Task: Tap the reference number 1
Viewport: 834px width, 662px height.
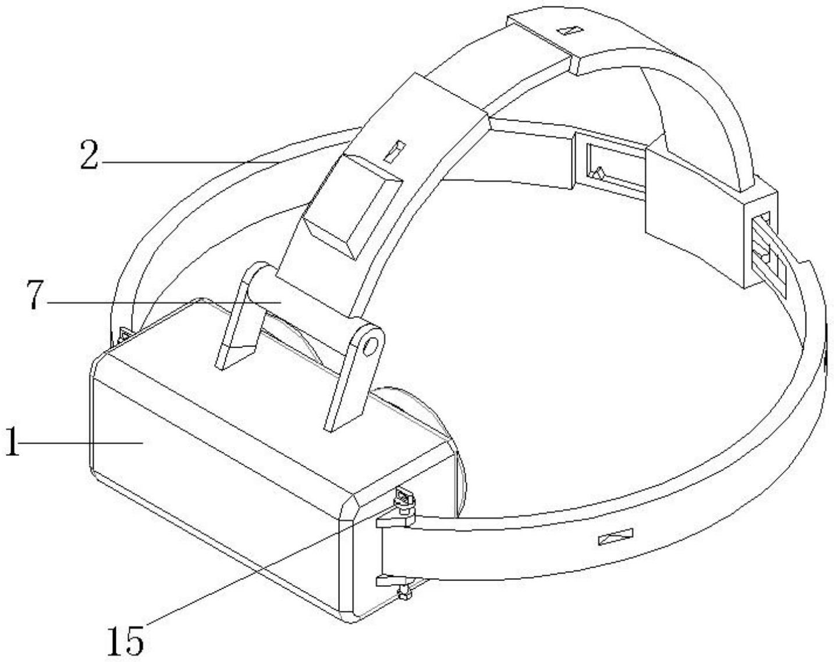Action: [x=12, y=442]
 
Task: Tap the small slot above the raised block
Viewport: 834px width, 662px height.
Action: [x=394, y=151]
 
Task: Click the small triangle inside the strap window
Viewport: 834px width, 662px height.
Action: [x=599, y=172]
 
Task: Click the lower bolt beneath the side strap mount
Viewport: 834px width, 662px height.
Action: [x=405, y=592]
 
